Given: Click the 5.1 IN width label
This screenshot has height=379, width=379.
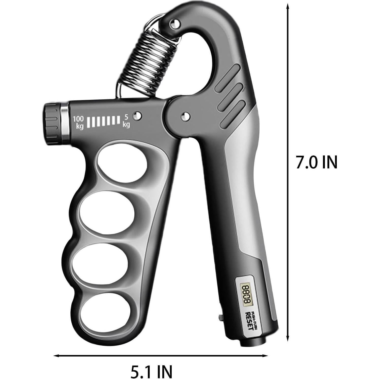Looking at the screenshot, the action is click(152, 371).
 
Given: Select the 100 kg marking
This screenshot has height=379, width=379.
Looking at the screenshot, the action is click(78, 122).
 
